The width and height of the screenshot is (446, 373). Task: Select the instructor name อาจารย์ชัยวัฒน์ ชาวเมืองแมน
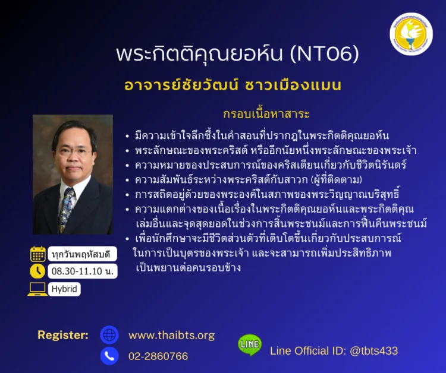pyautogui.click(x=233, y=85)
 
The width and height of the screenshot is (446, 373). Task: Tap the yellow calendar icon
pyautogui.click(x=38, y=254)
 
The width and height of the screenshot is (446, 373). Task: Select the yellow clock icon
pyautogui.click(x=38, y=271)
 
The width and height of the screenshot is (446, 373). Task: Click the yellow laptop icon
pyautogui.click(x=37, y=289)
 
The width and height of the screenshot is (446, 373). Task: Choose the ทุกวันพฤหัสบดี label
pyautogui.click(x=82, y=254)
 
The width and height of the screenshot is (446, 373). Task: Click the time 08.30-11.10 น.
pyautogui.click(x=83, y=271)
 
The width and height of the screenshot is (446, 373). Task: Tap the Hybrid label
pyautogui.click(x=65, y=289)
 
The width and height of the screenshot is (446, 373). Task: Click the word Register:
pyautogui.click(x=63, y=335)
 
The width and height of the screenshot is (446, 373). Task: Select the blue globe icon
pyautogui.click(x=109, y=335)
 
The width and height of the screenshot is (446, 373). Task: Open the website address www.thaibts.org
pyautogui.click(x=171, y=336)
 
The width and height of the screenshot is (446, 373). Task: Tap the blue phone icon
pyautogui.click(x=109, y=356)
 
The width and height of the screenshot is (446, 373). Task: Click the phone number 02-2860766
pyautogui.click(x=158, y=356)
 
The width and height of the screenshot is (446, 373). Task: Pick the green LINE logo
pyautogui.click(x=250, y=345)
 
